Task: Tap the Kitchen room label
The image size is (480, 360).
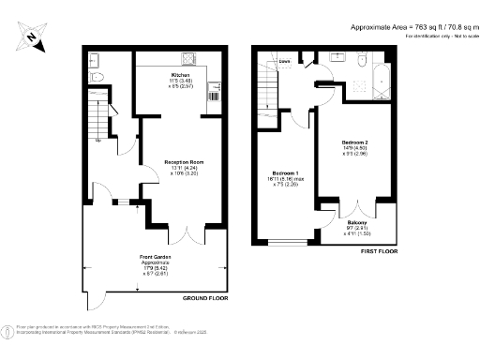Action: pyautogui.click(x=181, y=75)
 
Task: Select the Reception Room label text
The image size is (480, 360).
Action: pyautogui.click(x=184, y=162)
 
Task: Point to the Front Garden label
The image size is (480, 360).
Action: pyautogui.click(x=155, y=257)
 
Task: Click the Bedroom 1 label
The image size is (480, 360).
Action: pyautogui.click(x=285, y=173)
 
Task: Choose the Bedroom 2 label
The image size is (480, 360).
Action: pyautogui.click(x=354, y=142)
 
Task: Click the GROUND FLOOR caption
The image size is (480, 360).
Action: pyautogui.click(x=205, y=297)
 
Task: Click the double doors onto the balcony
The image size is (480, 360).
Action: pyautogui.click(x=348, y=204)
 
